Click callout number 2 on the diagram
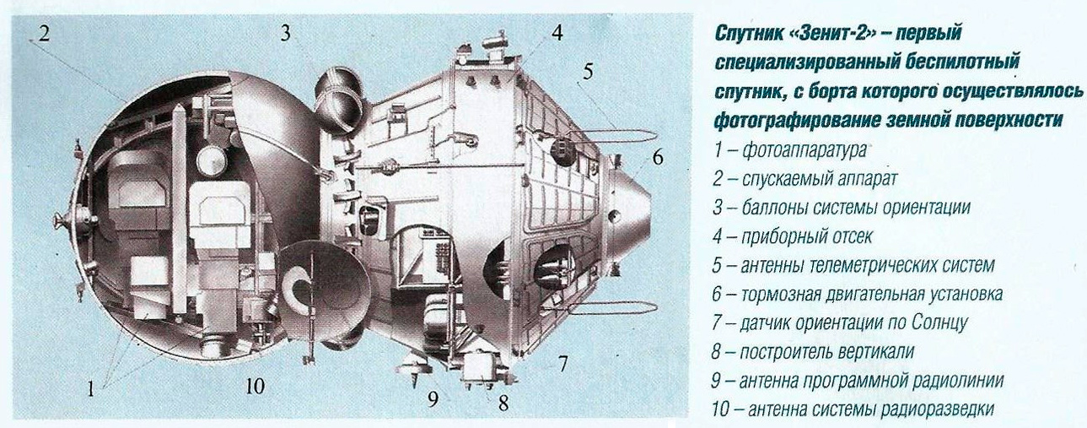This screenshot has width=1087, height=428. click(44, 34)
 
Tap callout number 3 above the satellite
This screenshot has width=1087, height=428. click(286, 33)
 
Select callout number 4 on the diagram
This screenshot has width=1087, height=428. click(557, 32)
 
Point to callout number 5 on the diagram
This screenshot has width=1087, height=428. click(588, 72)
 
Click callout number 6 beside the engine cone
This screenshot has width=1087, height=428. click(658, 157)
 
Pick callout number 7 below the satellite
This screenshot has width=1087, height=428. click(562, 364)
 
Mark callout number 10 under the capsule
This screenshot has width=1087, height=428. click(256, 387)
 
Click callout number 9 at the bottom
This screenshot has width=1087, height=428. click(433, 398)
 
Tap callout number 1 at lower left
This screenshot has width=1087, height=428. click(91, 388)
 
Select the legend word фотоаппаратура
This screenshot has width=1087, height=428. click(804, 150)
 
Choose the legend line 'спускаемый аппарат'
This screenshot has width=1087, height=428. click(820, 179)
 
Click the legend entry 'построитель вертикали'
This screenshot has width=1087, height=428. click(827, 351)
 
